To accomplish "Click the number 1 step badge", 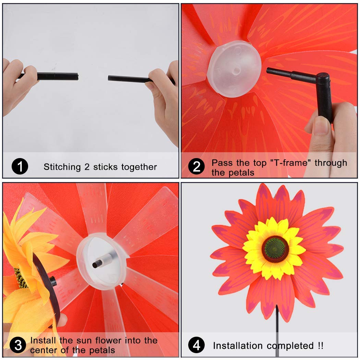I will point(20,167).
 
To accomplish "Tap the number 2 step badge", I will point(197,167).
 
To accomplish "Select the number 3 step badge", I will point(17,345).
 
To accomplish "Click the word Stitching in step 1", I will point(62,167).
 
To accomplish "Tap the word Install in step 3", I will point(43,340).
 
